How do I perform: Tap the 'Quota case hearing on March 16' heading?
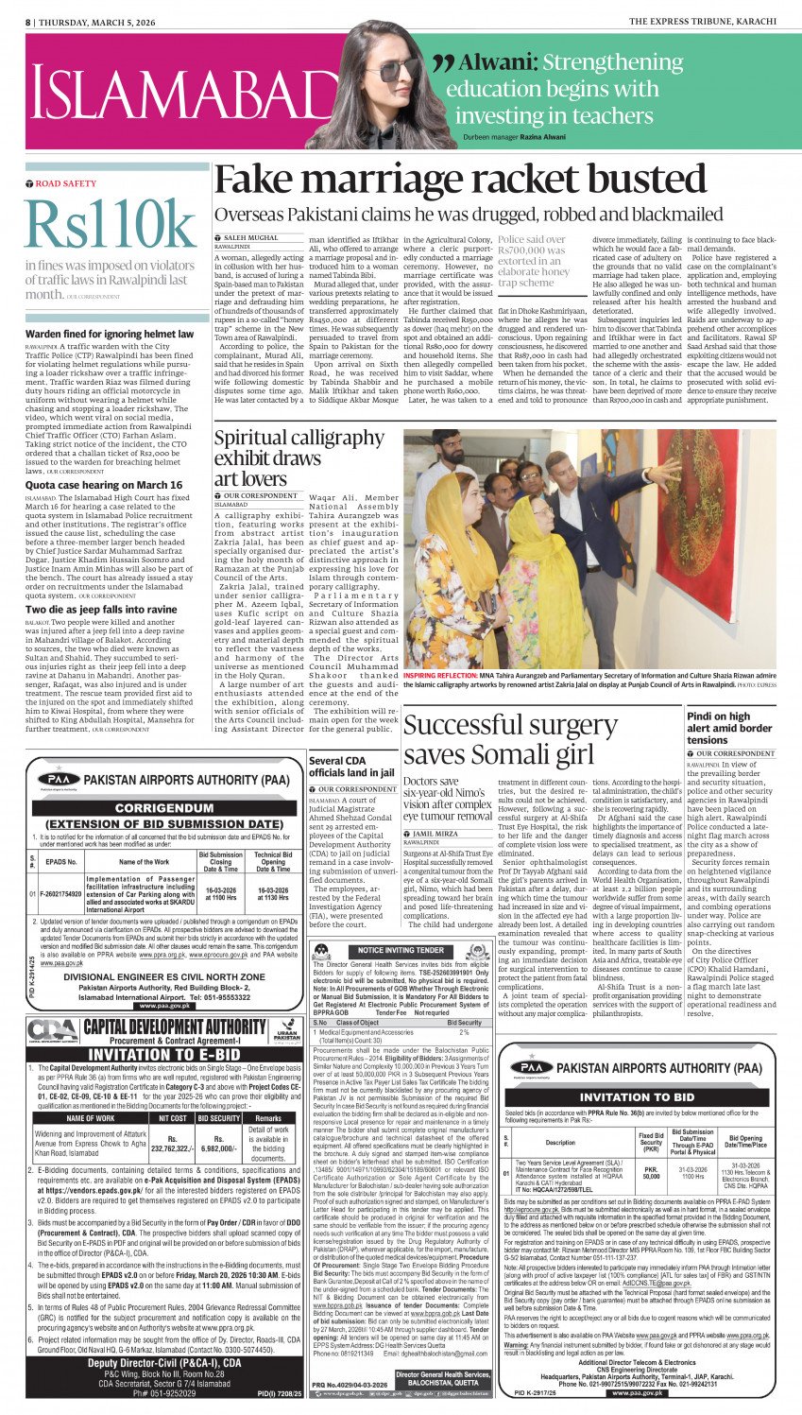pos(104,485)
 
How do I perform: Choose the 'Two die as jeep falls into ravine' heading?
pos(101,610)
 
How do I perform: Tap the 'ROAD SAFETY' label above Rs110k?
pos(66,183)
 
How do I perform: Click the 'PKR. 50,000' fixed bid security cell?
pos(651,1171)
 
